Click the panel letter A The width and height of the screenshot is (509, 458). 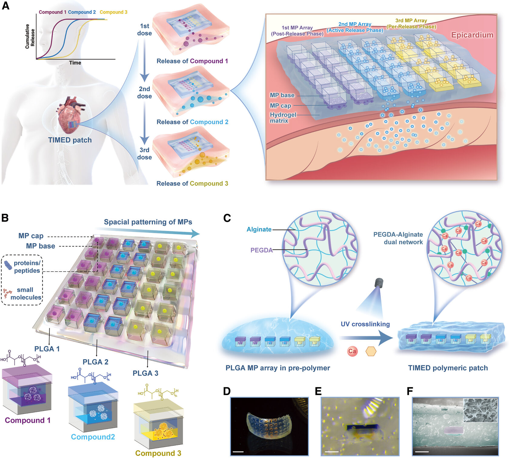pyautogui.click(x=5, y=5)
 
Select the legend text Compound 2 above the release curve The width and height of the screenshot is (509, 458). pyautogui.click(x=82, y=12)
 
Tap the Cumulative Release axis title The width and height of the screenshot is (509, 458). pyautogui.click(x=30, y=36)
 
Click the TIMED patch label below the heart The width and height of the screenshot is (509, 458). pyautogui.click(x=70, y=140)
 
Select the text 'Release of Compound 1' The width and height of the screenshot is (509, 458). pyautogui.click(x=192, y=61)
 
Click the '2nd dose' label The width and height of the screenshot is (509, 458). pyautogui.click(x=145, y=92)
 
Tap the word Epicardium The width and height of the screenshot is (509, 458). pyautogui.click(x=472, y=35)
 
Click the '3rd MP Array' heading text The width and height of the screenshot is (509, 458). pyautogui.click(x=411, y=20)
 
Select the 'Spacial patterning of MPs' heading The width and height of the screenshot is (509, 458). pyautogui.click(x=148, y=222)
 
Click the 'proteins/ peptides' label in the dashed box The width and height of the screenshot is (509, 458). pyautogui.click(x=27, y=267)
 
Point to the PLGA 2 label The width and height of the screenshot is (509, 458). pyautogui.click(x=95, y=362)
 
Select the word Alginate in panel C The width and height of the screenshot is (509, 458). pyautogui.click(x=259, y=229)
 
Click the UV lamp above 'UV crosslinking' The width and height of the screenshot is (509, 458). pyautogui.click(x=379, y=283)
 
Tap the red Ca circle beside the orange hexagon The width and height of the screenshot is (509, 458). pyautogui.click(x=352, y=351)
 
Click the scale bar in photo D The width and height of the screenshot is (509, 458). pyautogui.click(x=238, y=452)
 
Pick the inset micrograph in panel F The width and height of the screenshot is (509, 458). pyautogui.click(x=480, y=410)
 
